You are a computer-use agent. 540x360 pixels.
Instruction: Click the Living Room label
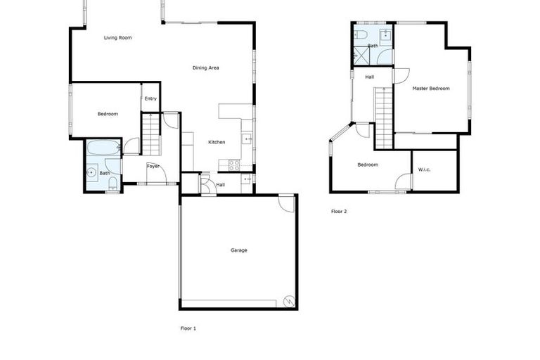coord(117,37)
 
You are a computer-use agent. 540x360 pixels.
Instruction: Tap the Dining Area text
coord(206,67)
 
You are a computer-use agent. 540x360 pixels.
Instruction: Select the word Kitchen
coord(217,142)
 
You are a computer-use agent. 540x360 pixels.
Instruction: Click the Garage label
coord(239,250)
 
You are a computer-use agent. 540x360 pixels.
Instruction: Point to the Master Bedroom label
coord(430,89)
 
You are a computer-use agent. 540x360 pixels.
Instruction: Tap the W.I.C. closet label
coord(424,169)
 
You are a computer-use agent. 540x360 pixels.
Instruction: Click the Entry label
coord(150,98)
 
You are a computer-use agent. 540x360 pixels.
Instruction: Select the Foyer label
coord(153,166)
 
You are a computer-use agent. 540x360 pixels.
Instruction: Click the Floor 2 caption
coord(339,211)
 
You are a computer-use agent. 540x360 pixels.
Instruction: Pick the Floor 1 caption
coord(188,328)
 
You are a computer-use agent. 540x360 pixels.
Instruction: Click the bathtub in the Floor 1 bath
coord(104,148)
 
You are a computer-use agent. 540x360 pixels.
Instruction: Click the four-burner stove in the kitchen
coord(234,165)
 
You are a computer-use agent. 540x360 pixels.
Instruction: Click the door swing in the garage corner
coord(286,202)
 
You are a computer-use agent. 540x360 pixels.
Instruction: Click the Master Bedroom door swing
coord(401,75)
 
